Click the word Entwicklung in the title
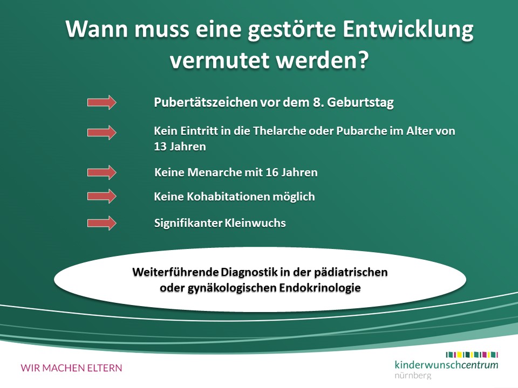[408, 30]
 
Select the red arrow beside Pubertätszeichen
[102, 102]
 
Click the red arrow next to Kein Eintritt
[102, 133]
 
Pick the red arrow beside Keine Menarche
[102, 172]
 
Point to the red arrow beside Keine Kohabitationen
[102, 196]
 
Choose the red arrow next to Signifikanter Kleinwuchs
[102, 223]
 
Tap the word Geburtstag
[360, 102]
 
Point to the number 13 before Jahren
[160, 147]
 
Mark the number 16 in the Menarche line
[271, 172]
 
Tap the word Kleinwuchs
[255, 223]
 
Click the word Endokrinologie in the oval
[320, 288]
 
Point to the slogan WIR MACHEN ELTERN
[71, 368]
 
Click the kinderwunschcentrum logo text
[446, 365]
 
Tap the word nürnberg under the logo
[413, 376]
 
